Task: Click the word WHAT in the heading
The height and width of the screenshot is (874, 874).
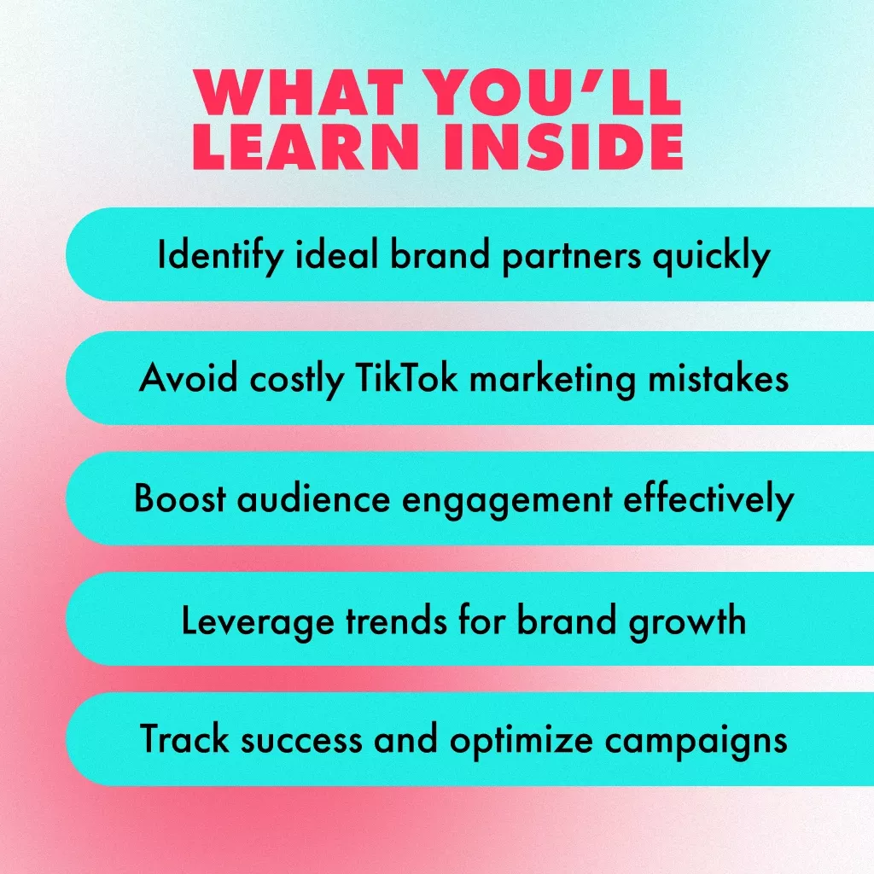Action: coord(299,92)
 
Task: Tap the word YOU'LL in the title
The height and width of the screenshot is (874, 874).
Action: coord(553,92)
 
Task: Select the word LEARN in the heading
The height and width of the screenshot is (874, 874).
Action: coord(306,146)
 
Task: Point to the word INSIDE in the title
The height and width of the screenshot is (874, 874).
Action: coord(563,146)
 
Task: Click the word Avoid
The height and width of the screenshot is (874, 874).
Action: coord(189,378)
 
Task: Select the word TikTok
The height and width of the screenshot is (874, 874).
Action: coord(405,377)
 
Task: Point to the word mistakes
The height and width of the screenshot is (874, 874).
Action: coord(718,378)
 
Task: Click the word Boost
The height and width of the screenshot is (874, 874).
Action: coord(180,498)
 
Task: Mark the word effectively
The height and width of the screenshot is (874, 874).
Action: coord(708,499)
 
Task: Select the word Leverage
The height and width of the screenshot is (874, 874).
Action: coord(258,621)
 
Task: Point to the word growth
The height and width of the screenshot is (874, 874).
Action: coord(687,621)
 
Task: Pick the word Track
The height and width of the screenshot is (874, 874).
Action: coord(184,738)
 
